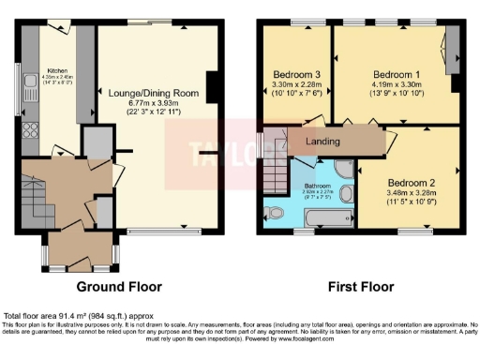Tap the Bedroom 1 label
point(396,73)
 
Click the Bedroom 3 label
point(298,74)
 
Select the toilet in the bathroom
point(275,211)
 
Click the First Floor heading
point(360,287)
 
